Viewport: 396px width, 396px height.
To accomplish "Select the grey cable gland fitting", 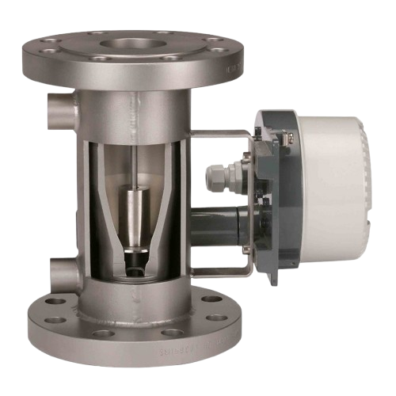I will [x=219, y=175].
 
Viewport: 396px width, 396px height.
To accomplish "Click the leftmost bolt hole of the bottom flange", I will [x=56, y=301].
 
